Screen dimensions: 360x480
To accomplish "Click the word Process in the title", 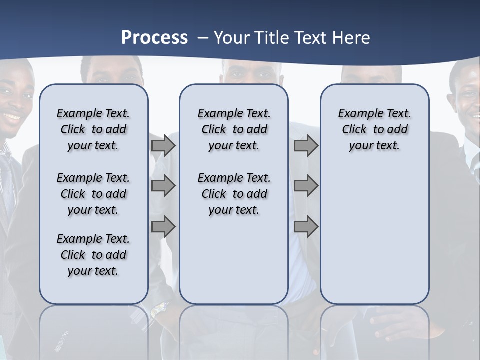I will pyautogui.click(x=154, y=37).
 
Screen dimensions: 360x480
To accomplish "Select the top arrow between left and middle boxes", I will pyautogui.click(x=163, y=145).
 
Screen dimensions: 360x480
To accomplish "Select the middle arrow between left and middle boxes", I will pyautogui.click(x=163, y=186).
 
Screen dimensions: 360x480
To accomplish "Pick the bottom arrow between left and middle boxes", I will pyautogui.click(x=163, y=227).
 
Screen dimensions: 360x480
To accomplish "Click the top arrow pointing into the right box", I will pyautogui.click(x=306, y=145).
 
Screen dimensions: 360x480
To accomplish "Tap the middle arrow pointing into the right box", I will pyautogui.click(x=306, y=186).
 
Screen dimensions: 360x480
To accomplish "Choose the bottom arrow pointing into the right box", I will pyautogui.click(x=306, y=227).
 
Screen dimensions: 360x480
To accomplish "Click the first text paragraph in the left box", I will pyautogui.click(x=93, y=129).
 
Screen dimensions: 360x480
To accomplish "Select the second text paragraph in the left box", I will pyautogui.click(x=93, y=194).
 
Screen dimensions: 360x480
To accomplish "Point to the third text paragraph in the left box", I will pyautogui.click(x=93, y=255).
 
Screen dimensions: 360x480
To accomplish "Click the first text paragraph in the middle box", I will pyautogui.click(x=234, y=129).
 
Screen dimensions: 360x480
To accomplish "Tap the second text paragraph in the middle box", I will pyautogui.click(x=234, y=194).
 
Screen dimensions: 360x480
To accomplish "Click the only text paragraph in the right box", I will pyautogui.click(x=374, y=129).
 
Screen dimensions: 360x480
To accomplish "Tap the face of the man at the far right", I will pyautogui.click(x=467, y=100).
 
